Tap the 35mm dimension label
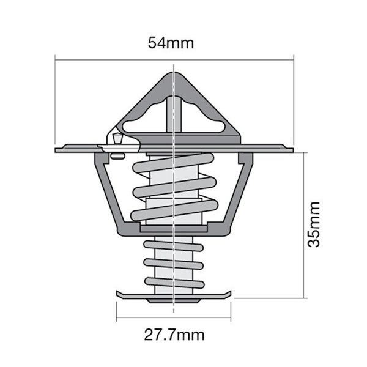(313, 224)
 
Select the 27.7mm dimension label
(174, 335)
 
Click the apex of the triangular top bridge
(174, 75)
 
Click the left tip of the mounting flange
(57, 149)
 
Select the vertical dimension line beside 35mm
(303, 224)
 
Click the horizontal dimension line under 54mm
(174, 59)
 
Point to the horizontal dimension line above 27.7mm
(174, 319)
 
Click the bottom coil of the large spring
(174, 211)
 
